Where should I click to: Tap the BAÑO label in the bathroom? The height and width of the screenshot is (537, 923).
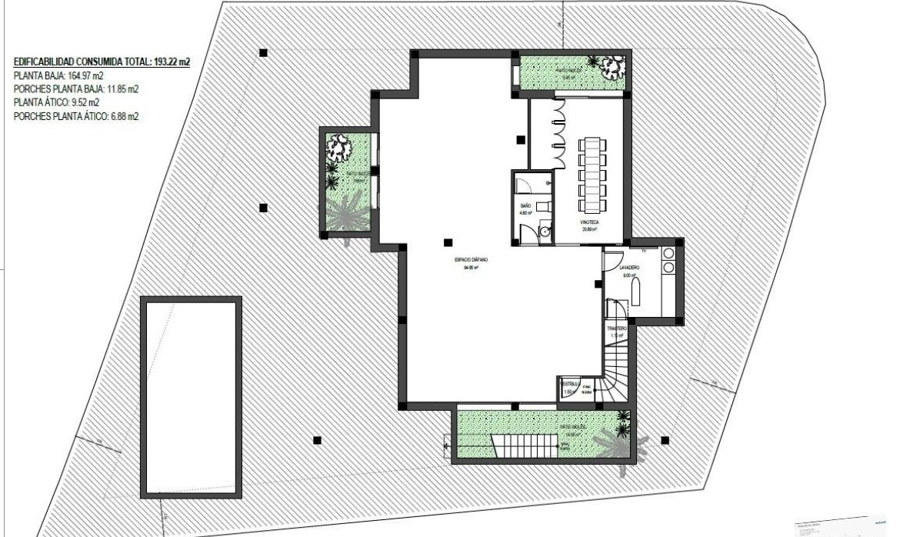[x=526, y=206]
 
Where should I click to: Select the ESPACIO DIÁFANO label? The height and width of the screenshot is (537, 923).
[x=471, y=261]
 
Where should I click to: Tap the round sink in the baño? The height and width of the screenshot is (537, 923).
[x=545, y=229]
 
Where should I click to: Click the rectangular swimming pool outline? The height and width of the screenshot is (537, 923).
[x=191, y=396]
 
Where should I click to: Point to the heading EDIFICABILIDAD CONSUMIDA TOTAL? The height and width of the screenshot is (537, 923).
[x=102, y=61]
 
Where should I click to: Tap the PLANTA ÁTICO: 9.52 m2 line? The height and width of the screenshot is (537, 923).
[x=57, y=102]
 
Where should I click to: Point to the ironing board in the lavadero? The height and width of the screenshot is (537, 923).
[x=635, y=292]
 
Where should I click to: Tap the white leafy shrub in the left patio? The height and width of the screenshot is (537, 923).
[x=338, y=145]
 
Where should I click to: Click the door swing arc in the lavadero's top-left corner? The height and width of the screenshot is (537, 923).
[x=613, y=258]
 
